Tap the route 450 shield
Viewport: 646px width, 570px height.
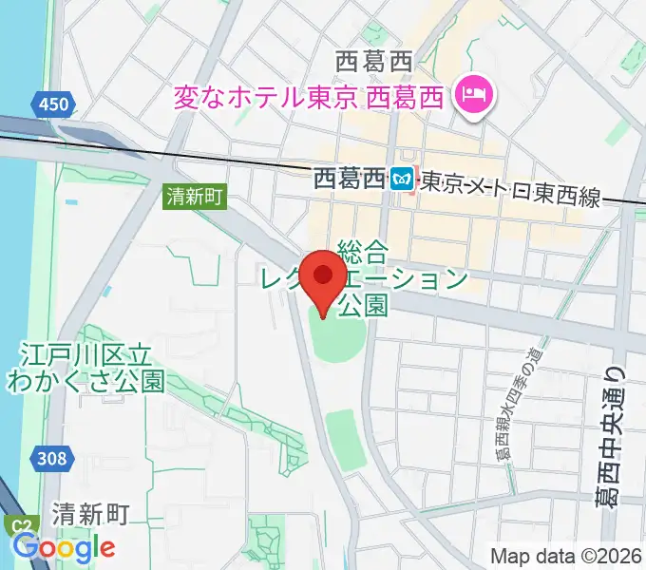point(52,104)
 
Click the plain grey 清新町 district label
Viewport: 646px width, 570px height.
point(90,514)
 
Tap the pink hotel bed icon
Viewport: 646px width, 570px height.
point(471,94)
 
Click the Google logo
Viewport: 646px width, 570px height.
point(65,547)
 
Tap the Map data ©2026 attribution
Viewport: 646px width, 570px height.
point(566,554)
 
